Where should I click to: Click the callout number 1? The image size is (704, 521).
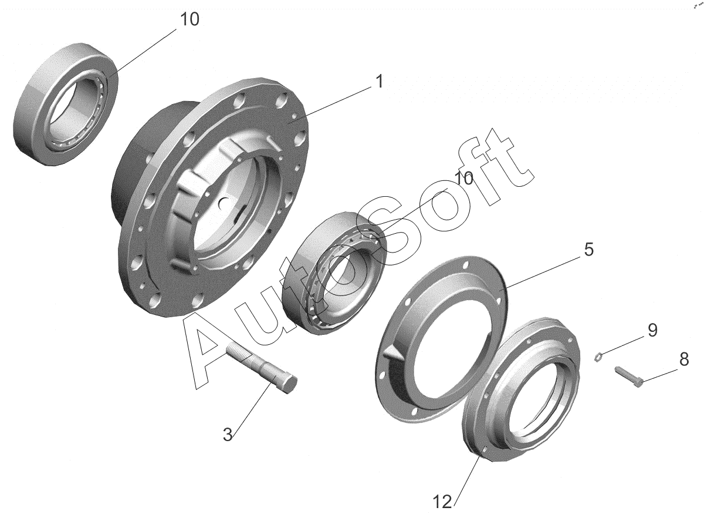[x=379, y=82]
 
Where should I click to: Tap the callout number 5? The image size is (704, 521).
[x=588, y=249]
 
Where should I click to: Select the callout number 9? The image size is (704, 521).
[x=652, y=331]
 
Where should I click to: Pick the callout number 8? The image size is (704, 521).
[x=684, y=359]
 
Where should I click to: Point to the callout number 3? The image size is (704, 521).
[x=228, y=435]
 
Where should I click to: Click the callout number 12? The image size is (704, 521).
[x=442, y=503]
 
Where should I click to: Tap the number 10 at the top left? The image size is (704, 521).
[x=189, y=19]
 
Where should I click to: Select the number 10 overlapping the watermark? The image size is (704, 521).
[x=463, y=179]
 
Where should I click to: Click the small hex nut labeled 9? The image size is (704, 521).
[x=598, y=358]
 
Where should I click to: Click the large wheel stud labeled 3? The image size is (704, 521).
[x=262, y=369]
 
